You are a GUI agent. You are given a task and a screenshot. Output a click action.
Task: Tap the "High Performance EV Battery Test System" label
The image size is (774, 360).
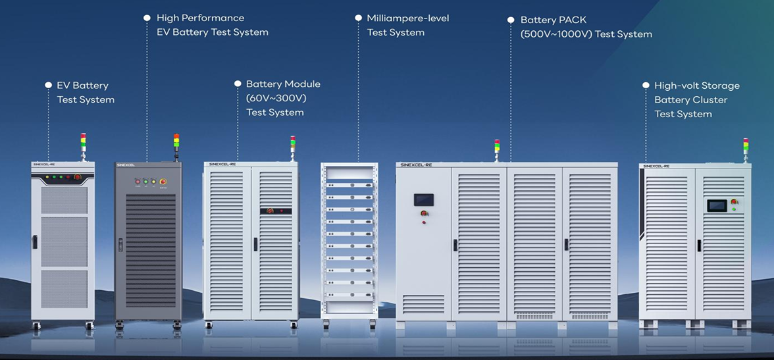pyautogui.click(x=212, y=25)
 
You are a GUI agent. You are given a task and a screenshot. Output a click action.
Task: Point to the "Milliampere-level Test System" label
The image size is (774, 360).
pyautogui.click(x=407, y=25)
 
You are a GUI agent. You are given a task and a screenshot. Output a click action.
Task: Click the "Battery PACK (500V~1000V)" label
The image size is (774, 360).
pyautogui.click(x=586, y=27)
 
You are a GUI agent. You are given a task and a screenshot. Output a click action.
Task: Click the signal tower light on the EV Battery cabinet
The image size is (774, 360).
pyautogui.click(x=83, y=141)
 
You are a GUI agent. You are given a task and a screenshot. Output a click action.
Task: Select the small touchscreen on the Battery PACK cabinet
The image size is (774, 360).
pyautogui.click(x=423, y=200)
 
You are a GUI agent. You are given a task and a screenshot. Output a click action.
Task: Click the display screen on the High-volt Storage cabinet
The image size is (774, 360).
pyautogui.click(x=716, y=205)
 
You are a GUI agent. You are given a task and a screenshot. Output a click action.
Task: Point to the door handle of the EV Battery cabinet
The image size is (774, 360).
pyautogui.click(x=35, y=242)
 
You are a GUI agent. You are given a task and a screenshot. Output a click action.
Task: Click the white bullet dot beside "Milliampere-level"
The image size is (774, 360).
pyautogui.click(x=358, y=18)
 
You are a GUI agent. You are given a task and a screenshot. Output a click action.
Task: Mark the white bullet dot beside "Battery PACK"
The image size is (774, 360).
pyautogui.click(x=511, y=20)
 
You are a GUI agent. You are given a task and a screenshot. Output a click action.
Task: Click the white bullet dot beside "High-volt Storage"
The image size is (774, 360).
pyautogui.click(x=645, y=86)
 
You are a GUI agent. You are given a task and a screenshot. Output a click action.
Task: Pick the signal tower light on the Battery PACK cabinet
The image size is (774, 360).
pyautogui.click(x=497, y=147)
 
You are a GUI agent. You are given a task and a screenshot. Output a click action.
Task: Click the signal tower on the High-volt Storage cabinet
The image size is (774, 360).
pyautogui.click(x=746, y=146)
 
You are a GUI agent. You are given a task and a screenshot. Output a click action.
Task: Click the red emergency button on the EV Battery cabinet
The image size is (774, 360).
pyautogui.click(x=78, y=177)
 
